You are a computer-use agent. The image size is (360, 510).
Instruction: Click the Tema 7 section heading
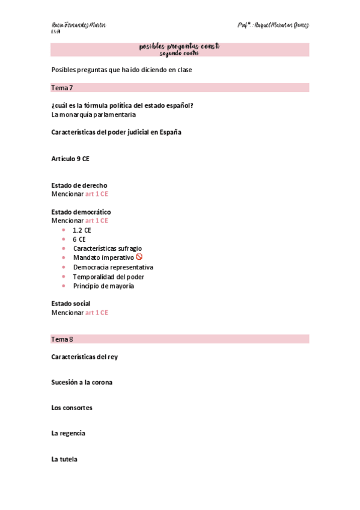coord(63,88)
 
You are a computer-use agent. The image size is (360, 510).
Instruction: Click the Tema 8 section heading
coord(63,339)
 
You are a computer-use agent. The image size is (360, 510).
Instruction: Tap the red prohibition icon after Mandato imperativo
coord(139,257)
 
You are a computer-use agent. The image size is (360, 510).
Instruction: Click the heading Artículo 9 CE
coord(71,159)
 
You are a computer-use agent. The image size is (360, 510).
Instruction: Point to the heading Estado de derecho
coord(80,185)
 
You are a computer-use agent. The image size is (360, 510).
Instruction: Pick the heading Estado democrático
coord(81,212)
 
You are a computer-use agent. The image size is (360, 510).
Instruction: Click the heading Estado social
coord(71,304)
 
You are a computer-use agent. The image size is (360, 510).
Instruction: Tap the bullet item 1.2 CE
coord(82,230)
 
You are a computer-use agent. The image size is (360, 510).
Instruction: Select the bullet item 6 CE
coord(79,239)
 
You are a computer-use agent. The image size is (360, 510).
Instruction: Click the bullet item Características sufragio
coord(108,248)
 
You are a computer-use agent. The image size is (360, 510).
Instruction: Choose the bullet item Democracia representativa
coord(113,267)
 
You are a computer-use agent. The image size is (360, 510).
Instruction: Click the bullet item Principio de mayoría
coord(103,286)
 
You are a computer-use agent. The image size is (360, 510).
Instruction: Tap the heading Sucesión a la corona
coord(82,382)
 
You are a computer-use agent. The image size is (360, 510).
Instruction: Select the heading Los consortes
coord(72,408)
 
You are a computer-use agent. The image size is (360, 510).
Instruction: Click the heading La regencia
coord(69,433)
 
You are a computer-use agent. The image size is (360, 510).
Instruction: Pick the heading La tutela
coord(64,459)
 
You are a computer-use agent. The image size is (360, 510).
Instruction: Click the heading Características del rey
coord(85,357)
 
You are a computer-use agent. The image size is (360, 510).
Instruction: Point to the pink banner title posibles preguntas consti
coord(179,46)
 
